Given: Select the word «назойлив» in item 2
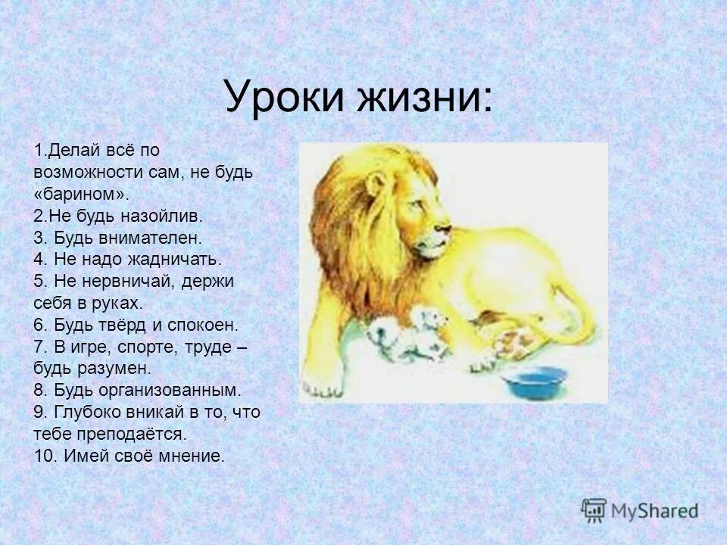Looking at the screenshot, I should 167,216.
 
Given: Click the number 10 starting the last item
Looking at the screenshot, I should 42,456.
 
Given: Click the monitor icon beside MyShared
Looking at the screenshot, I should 594,509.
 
